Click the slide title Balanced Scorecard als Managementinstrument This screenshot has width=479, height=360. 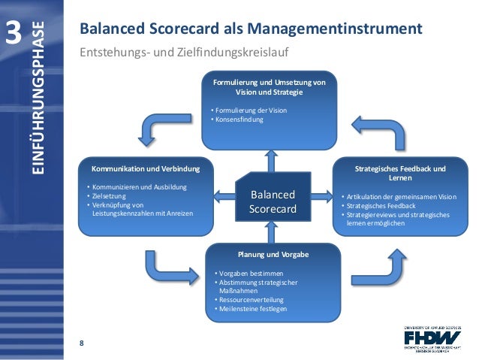pyautogui.click(x=251, y=31)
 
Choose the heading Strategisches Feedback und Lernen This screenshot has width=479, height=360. pyautogui.click(x=399, y=173)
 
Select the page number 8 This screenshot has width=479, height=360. pyautogui.click(x=80, y=343)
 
